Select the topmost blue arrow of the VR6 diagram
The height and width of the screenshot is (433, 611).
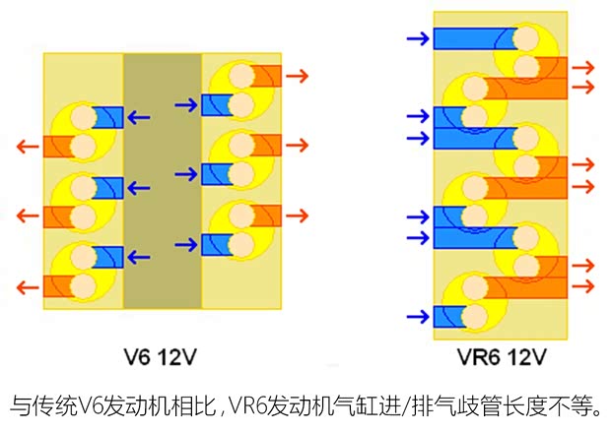[x=417, y=38]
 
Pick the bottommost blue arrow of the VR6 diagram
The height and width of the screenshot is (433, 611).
[x=417, y=317]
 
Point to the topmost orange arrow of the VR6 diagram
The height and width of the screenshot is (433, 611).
[x=583, y=67]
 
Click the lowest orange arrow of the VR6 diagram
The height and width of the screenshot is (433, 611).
[x=583, y=286]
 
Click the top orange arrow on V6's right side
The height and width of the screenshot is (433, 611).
[x=297, y=75]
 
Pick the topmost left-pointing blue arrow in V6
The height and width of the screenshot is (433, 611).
[x=139, y=117]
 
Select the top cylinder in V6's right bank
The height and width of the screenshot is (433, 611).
[x=237, y=88]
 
